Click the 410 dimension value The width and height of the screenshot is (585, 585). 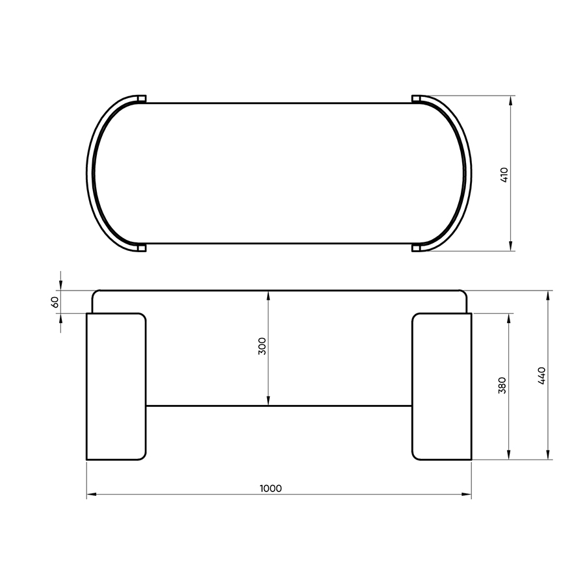(504, 175)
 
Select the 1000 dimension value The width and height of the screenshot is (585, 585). (271, 488)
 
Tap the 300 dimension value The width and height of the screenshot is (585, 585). (263, 346)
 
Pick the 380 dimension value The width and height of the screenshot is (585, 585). (502, 385)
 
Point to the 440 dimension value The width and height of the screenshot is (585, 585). (541, 376)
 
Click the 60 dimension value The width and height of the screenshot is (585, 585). (55, 302)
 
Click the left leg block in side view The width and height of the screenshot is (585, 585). (116, 387)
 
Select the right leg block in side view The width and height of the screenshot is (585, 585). (442, 387)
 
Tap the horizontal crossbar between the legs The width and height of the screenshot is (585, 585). (279, 406)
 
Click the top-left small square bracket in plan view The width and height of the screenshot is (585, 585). (142, 99)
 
